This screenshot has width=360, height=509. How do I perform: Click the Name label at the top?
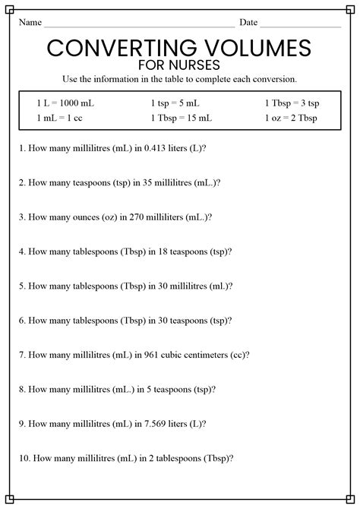(x=30, y=23)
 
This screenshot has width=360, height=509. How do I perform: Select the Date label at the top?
(x=248, y=23)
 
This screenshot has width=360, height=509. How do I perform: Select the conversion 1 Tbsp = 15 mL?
(x=181, y=118)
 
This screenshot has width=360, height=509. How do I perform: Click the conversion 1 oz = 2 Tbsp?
(x=291, y=118)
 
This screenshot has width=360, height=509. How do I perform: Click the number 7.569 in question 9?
(x=152, y=423)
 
